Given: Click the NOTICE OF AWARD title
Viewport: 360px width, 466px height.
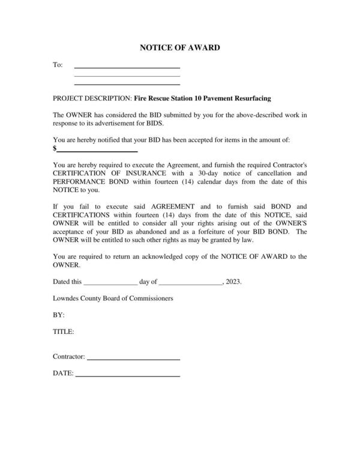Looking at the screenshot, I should pyautogui.click(x=179, y=47).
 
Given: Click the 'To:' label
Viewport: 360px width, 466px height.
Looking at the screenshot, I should pyautogui.click(x=58, y=65).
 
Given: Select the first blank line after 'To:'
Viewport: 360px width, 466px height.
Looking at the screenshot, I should pyautogui.click(x=127, y=67).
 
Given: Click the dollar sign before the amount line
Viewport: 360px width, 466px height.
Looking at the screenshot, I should pyautogui.click(x=55, y=148).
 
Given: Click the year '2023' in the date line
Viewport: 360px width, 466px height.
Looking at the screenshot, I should pyautogui.click(x=233, y=281).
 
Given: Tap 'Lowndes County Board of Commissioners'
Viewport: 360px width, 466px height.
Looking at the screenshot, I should pyautogui.click(x=113, y=298).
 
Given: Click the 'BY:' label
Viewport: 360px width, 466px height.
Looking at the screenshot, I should pyautogui.click(x=58, y=315).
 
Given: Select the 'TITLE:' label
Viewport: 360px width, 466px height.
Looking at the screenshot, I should pyautogui.click(x=63, y=331).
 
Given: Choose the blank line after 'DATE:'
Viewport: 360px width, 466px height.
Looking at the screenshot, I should pyautogui.click(x=127, y=375).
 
